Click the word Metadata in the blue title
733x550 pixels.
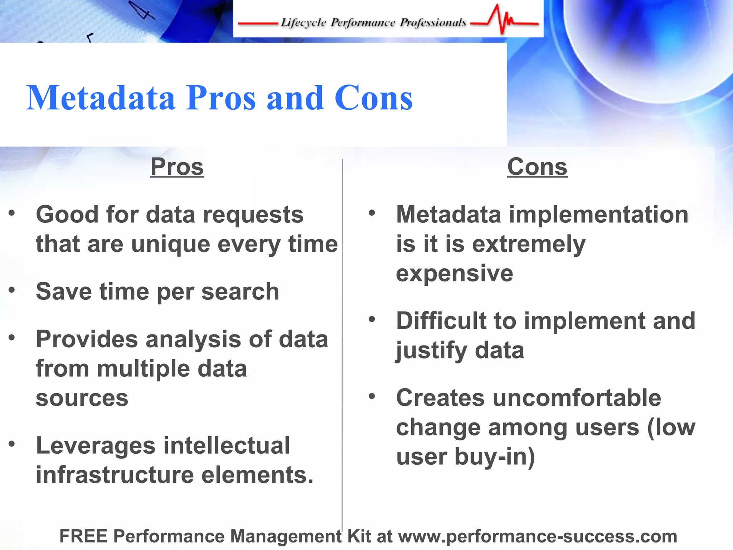point(101,98)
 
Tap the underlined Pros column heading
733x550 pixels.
point(177,167)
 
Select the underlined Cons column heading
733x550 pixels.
point(537,167)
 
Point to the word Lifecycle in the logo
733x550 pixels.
point(303,23)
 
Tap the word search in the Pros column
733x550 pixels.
point(240,291)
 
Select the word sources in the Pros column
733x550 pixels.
point(82,398)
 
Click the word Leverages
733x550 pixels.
point(96,446)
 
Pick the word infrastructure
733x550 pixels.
point(115,475)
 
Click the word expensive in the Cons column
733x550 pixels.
point(455,274)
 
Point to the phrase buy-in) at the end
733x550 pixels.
point(495,457)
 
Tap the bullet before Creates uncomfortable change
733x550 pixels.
point(372,396)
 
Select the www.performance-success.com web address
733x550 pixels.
point(538,536)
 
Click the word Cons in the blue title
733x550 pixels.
point(373,98)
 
